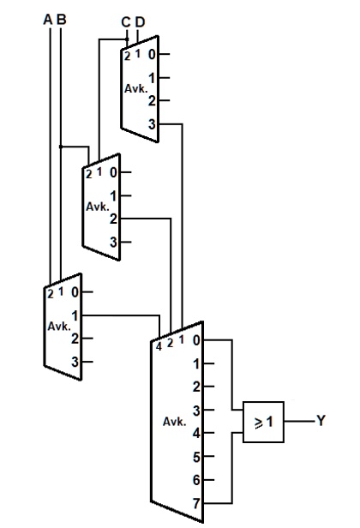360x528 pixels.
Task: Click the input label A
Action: pos(49,19)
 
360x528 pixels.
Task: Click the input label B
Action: pos(61,19)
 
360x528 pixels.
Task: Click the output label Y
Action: pos(321,422)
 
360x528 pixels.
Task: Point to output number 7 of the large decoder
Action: pos(197,503)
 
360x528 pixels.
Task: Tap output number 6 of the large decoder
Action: pos(197,481)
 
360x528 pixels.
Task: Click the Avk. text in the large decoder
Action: pos(174,422)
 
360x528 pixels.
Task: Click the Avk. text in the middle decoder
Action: pos(98,207)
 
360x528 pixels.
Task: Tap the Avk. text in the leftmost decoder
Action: pos(59,327)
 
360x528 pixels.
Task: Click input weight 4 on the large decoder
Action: pos(159,346)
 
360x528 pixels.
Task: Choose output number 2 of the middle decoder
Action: pos(113,219)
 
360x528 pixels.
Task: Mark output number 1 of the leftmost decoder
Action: pos(75,315)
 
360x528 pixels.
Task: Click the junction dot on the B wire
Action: pos(61,147)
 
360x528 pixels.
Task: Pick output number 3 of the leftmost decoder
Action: pos(75,362)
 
